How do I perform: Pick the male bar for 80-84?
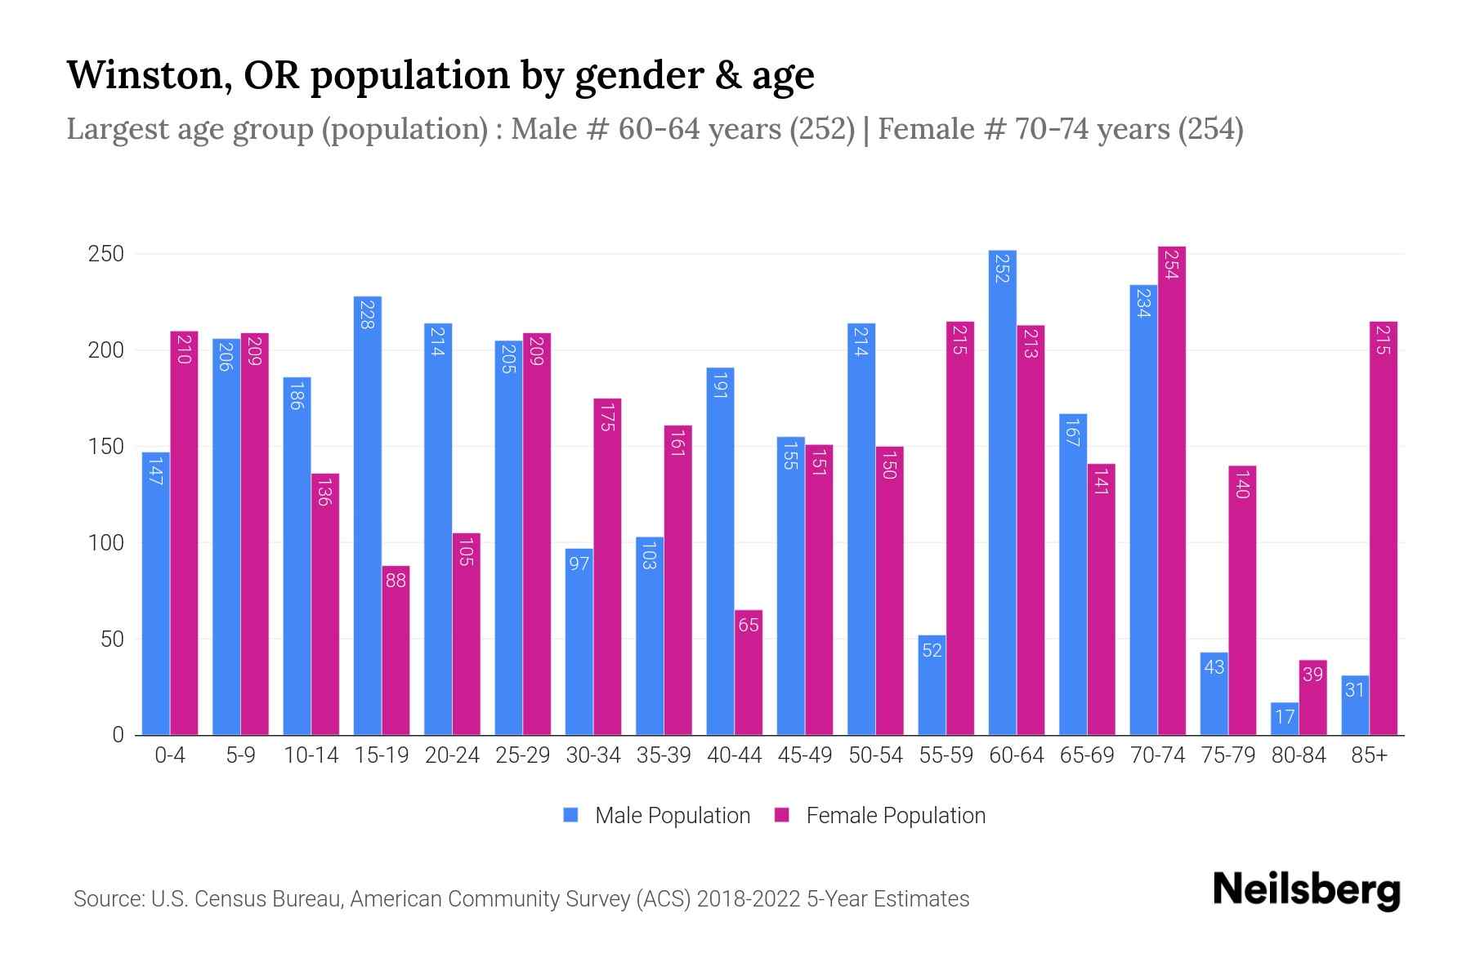click(x=1284, y=719)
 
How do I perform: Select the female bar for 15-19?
click(x=396, y=650)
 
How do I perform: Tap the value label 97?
click(x=579, y=563)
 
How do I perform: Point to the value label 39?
click(x=1312, y=675)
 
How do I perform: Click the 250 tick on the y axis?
click(x=105, y=254)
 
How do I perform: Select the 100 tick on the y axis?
click(x=105, y=543)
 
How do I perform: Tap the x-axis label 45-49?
click(x=804, y=755)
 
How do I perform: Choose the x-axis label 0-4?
click(x=170, y=755)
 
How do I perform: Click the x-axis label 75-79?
click(x=1227, y=755)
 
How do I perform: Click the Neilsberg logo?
click(x=1306, y=890)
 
